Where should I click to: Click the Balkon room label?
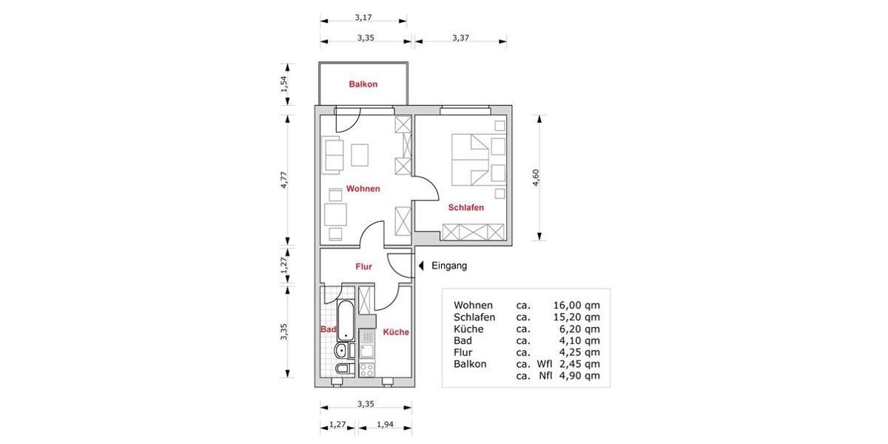[x=363, y=84]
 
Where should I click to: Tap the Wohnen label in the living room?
[x=363, y=189]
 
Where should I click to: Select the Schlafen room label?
[x=465, y=208]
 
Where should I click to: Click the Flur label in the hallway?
[x=363, y=266]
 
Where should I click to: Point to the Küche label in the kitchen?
[x=396, y=332]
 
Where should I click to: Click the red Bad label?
[x=328, y=329]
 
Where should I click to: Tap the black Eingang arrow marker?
[x=420, y=266]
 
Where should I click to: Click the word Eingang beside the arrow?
[x=449, y=266]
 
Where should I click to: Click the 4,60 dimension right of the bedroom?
[x=536, y=178]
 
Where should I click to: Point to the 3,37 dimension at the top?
[x=460, y=37]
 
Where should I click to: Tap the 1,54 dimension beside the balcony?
[x=283, y=84]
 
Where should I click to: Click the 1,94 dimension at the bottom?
[x=385, y=425]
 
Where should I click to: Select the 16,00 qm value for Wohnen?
[x=576, y=305]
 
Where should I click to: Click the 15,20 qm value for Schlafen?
[x=576, y=317]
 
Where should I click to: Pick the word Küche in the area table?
[x=468, y=329]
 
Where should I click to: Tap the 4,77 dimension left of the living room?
[x=283, y=181]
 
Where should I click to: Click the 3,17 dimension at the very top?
[x=363, y=16]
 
